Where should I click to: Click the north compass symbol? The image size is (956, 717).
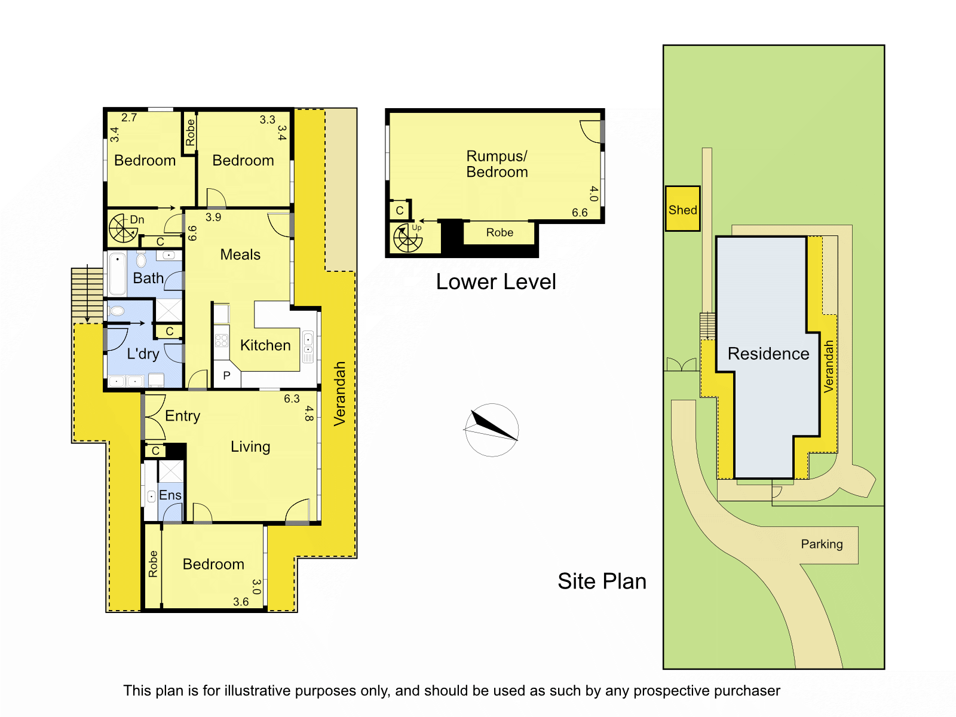(x=491, y=430)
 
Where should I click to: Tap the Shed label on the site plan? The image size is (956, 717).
(x=682, y=210)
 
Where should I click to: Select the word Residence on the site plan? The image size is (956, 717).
(x=768, y=354)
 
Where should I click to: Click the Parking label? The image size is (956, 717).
(x=822, y=544)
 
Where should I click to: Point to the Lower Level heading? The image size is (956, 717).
(x=495, y=282)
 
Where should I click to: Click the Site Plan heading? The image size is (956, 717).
(x=602, y=581)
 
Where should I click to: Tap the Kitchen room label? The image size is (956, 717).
(x=265, y=345)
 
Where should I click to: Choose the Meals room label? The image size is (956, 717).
(x=240, y=255)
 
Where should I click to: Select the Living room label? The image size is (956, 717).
(x=250, y=447)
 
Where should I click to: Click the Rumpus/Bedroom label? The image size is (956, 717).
(x=497, y=164)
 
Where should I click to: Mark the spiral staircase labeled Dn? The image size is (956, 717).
(x=123, y=228)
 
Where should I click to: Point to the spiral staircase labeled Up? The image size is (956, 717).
(x=407, y=238)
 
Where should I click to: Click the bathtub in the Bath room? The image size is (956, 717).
(x=118, y=274)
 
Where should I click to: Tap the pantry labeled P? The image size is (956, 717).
(x=226, y=376)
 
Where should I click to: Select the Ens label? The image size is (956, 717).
(x=170, y=495)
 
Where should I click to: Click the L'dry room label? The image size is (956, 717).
(x=143, y=354)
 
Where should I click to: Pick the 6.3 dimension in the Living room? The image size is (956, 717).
(x=292, y=399)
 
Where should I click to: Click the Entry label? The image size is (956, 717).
(x=182, y=416)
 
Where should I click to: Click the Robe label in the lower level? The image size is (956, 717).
(x=500, y=232)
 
